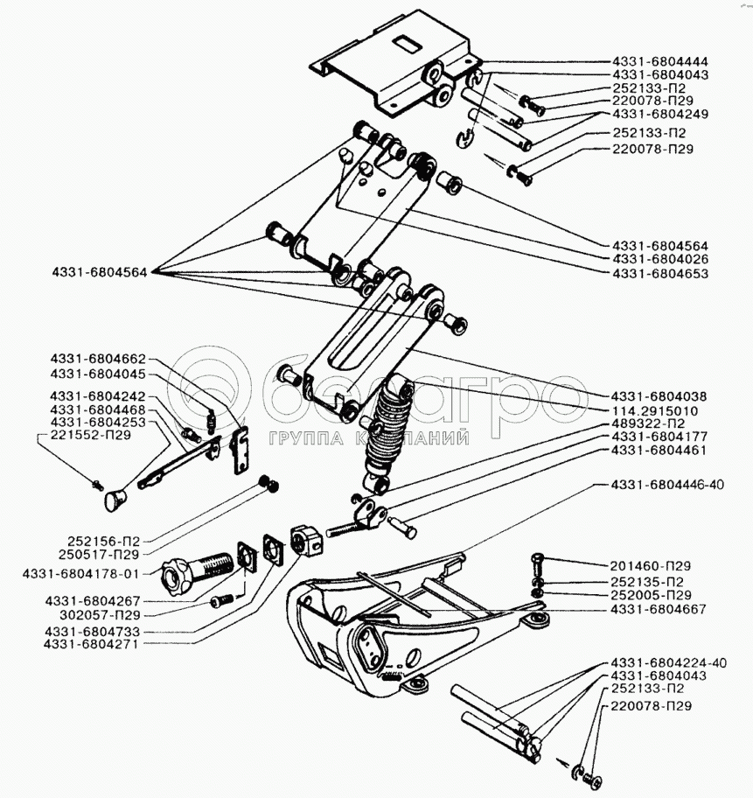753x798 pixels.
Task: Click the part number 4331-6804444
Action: point(660,62)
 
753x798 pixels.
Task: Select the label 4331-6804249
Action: point(660,115)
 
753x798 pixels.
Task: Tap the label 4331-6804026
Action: point(660,260)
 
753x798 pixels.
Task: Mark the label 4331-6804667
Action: point(660,609)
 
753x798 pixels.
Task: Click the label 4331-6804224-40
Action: point(670,662)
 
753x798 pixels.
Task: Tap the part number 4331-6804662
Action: point(98,360)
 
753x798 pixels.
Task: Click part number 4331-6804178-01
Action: point(80,574)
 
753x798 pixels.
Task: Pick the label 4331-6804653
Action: point(660,274)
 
